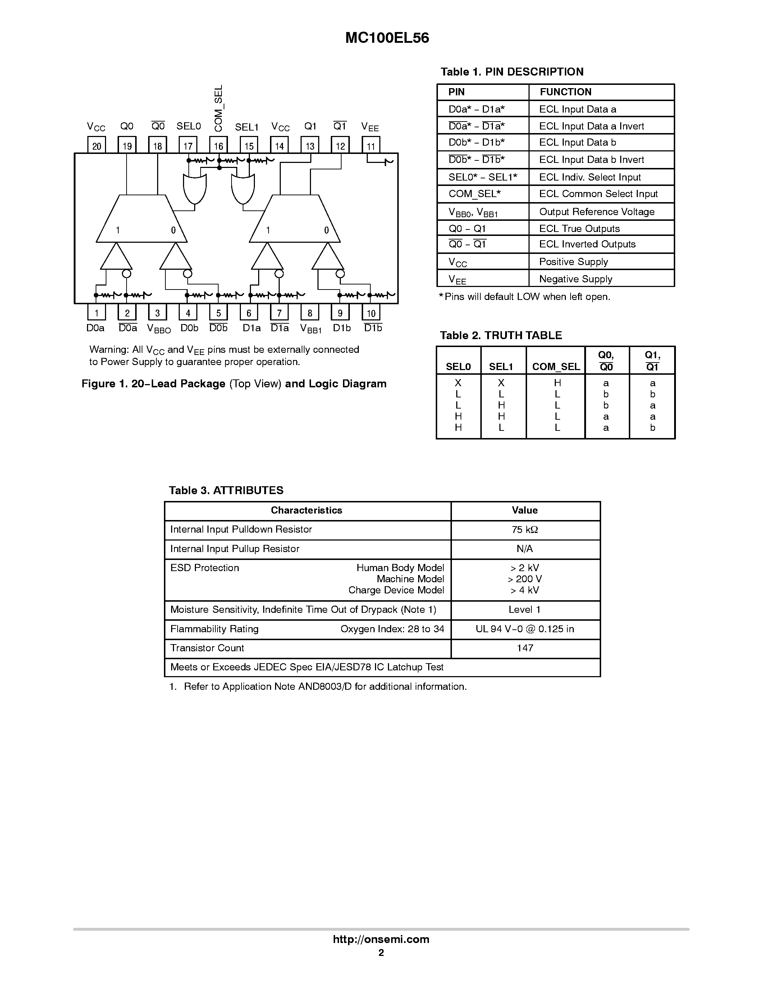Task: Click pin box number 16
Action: coord(219,146)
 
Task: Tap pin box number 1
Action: coord(96,313)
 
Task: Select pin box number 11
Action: coord(371,146)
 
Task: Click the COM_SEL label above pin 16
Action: coord(219,108)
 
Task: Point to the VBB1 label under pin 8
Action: coord(311,329)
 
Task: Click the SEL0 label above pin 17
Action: coord(188,126)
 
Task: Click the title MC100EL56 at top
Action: coord(387,38)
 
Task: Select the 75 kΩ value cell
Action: coord(525,529)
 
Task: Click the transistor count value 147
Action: coord(525,648)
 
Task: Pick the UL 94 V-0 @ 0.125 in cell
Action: coord(525,629)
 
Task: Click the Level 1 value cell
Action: coord(525,610)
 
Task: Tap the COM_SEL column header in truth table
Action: coord(556,366)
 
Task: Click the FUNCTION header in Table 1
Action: coord(565,92)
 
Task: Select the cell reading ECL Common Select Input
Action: coord(598,194)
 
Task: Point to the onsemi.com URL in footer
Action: coord(381,939)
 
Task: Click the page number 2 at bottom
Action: coord(381,952)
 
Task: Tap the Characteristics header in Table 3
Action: coord(306,510)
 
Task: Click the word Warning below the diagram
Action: coord(109,350)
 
